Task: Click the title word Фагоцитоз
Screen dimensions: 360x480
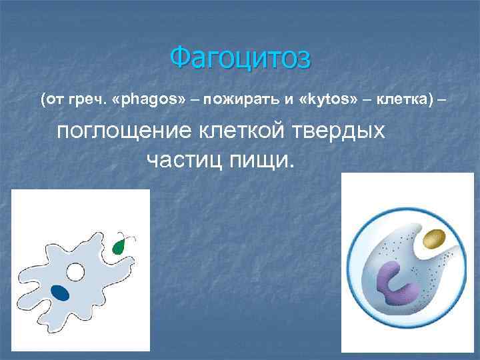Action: pos(240,58)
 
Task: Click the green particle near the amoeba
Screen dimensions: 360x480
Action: pos(119,247)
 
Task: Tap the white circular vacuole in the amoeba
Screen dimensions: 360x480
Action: pos(76,272)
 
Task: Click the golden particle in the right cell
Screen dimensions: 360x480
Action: pos(435,237)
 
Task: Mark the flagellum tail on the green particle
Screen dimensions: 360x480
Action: pos(132,237)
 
